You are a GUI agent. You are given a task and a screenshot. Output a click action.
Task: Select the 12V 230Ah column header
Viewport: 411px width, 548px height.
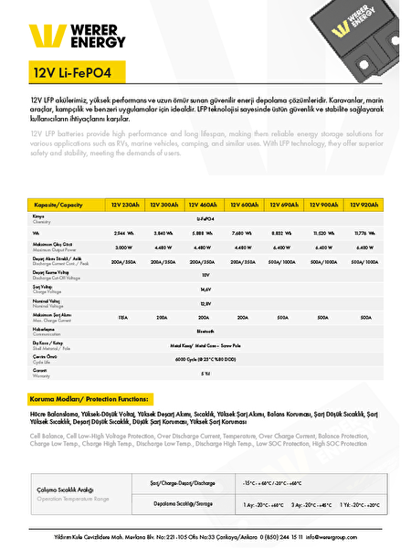124,205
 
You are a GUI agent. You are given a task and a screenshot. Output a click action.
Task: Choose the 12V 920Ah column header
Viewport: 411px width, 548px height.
365,205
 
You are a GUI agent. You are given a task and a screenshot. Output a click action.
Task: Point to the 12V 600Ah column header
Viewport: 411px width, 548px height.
243,205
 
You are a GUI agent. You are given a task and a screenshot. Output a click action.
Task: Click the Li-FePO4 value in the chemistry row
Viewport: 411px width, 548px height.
205,220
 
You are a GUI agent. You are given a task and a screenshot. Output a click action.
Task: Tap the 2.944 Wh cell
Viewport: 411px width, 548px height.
124,234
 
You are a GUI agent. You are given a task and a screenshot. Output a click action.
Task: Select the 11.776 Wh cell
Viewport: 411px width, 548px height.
365,234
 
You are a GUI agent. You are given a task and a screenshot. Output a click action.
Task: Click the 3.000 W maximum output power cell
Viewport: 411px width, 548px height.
124,248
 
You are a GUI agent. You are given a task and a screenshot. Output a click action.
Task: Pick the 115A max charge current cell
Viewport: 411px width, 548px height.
124,318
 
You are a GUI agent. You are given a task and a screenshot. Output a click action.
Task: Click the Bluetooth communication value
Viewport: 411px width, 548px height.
205,332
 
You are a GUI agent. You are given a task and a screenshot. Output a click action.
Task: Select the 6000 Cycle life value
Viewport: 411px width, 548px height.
205,361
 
